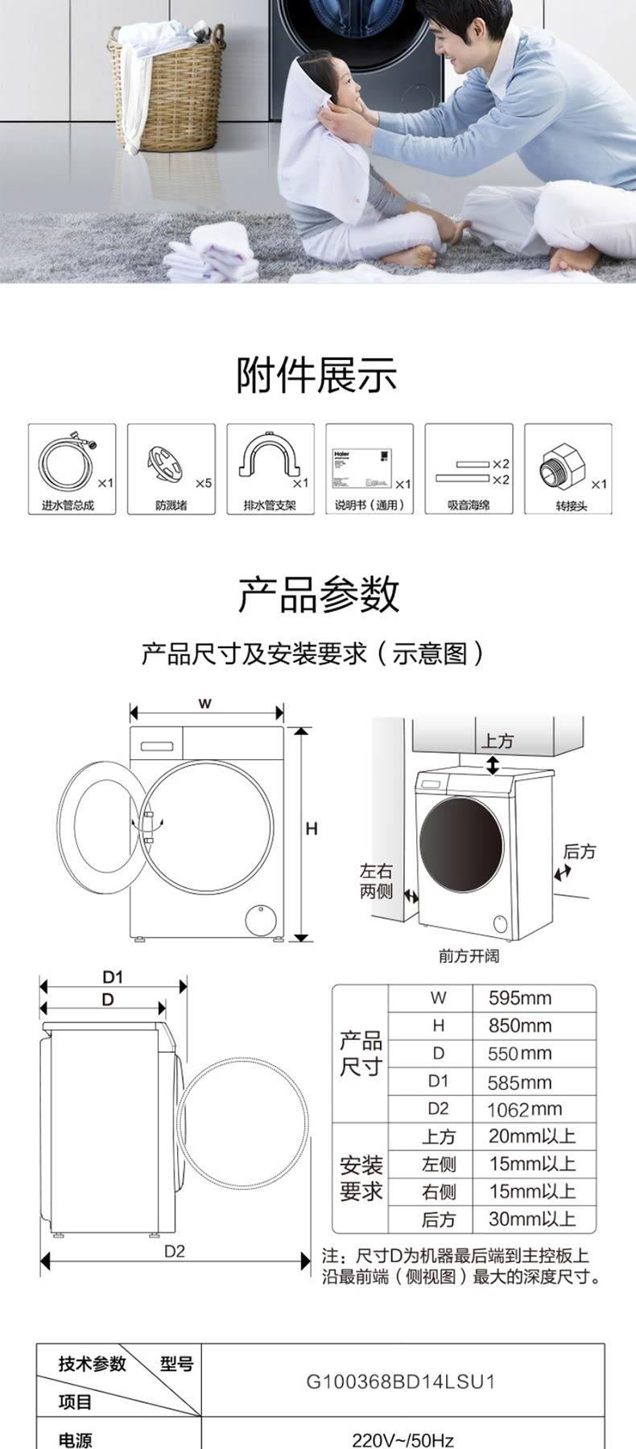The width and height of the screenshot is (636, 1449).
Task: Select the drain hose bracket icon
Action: point(264,465)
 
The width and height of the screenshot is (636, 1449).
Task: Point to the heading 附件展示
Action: point(317,376)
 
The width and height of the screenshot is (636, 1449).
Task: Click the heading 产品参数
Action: point(317,595)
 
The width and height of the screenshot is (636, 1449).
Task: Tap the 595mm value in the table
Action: point(519,998)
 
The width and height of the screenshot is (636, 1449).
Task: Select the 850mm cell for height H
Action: point(519,1026)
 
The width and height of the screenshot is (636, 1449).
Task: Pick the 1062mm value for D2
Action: point(523,1109)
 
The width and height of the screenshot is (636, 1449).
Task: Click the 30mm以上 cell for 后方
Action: point(531,1219)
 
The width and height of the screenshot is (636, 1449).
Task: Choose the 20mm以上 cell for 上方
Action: point(531,1137)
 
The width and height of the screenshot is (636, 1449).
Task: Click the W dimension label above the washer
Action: point(205,704)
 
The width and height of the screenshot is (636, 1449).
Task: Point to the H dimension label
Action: point(312,828)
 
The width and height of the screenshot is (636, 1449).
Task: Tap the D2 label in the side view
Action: point(175,1251)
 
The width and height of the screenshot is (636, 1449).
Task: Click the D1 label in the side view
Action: point(113,977)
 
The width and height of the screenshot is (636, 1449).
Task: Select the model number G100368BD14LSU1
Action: point(401,1382)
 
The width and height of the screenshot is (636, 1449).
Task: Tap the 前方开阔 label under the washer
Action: point(469,956)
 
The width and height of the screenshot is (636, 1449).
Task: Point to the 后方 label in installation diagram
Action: point(580,851)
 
